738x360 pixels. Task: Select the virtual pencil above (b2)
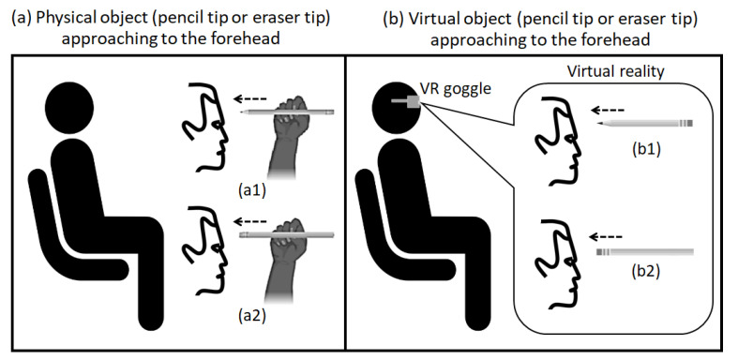[x=644, y=252]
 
